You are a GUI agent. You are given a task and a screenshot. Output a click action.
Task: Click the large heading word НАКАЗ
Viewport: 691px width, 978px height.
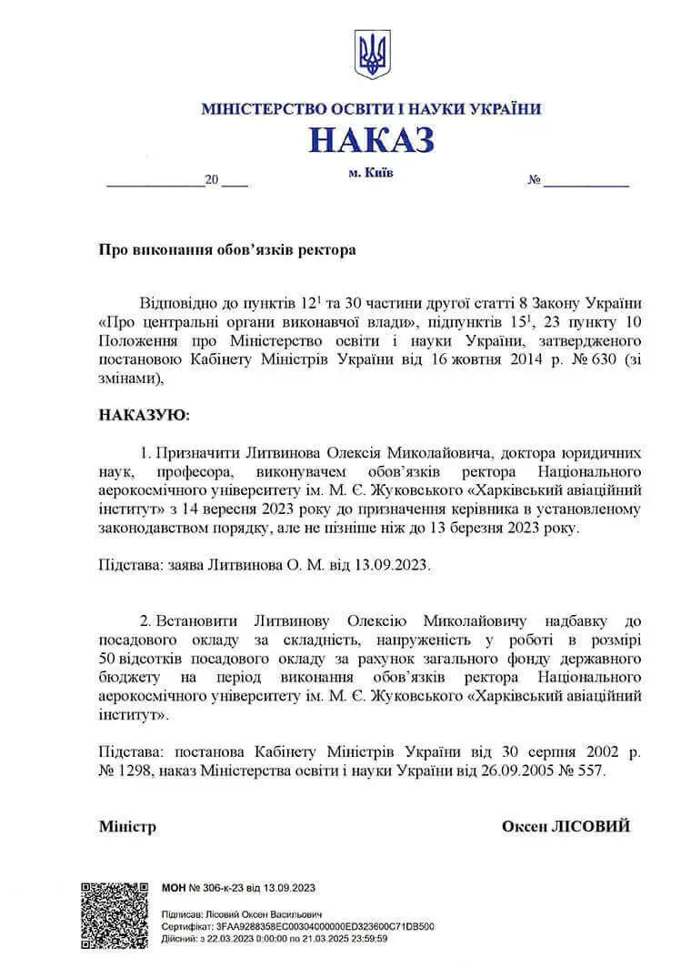pyautogui.click(x=371, y=140)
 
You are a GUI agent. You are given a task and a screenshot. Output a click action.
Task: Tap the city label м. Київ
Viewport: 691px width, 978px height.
pyautogui.click(x=371, y=172)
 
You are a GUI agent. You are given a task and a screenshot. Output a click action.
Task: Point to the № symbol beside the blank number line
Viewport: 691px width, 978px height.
pyautogui.click(x=534, y=180)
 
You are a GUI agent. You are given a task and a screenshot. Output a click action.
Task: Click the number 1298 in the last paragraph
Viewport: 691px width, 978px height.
pyautogui.click(x=135, y=770)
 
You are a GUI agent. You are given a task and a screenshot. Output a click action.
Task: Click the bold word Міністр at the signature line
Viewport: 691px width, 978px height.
pyautogui.click(x=127, y=826)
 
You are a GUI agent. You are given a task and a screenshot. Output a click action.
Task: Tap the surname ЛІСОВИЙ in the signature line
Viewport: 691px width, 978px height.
pyautogui.click(x=592, y=826)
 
